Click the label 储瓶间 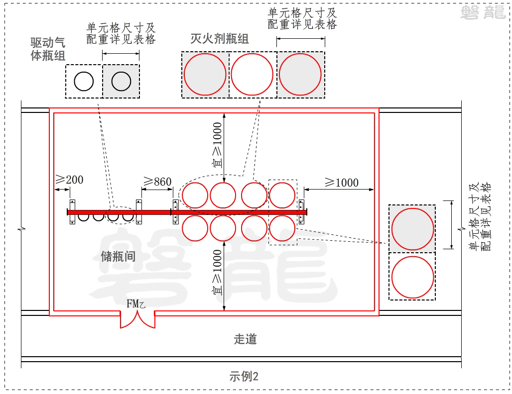(x=118, y=256)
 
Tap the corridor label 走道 (x=245, y=339)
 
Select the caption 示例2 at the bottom (x=244, y=377)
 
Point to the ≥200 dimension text (x=69, y=180)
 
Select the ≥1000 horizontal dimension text (x=342, y=182)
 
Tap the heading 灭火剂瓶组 (x=220, y=39)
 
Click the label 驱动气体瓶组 (x=48, y=49)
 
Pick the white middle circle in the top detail (x=253, y=74)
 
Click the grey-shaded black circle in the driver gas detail (x=121, y=81)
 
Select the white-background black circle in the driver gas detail (x=84, y=81)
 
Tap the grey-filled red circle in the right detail (x=412, y=229)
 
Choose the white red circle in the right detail (x=412, y=277)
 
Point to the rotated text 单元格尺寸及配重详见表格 (x=480, y=216)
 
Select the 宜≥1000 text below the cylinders (x=218, y=273)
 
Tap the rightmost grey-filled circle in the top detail (x=300, y=74)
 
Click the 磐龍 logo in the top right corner (x=483, y=12)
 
